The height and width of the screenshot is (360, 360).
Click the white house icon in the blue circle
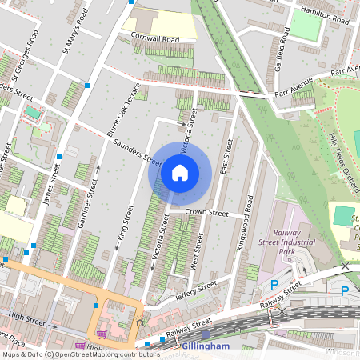tap(180, 172)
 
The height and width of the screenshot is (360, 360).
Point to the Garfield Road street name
tap(280, 54)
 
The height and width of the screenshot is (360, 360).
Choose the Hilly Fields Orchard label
tap(344, 163)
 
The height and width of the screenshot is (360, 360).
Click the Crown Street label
tap(207, 214)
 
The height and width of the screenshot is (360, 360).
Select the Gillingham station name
tap(206, 346)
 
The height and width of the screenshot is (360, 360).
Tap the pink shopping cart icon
tap(102, 334)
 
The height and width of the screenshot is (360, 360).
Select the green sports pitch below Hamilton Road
tap(304, 24)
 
